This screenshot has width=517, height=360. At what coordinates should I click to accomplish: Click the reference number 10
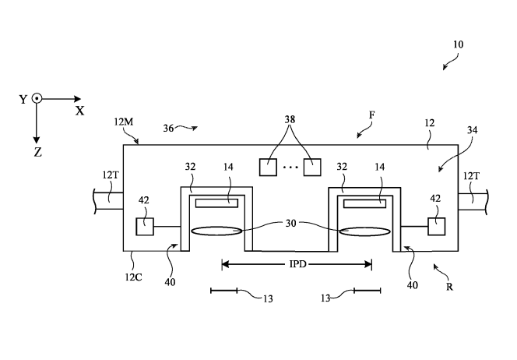(459, 44)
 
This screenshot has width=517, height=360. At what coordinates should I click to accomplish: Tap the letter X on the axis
(79, 111)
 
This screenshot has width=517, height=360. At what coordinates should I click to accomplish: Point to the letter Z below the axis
(38, 153)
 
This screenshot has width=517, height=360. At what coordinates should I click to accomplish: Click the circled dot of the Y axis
(37, 99)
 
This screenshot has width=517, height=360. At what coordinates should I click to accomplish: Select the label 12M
(124, 122)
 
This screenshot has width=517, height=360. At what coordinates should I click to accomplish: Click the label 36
(168, 128)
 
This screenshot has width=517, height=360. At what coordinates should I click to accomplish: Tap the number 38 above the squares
(290, 119)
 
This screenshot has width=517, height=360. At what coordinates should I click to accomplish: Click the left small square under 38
(268, 168)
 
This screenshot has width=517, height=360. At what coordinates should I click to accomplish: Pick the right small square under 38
(312, 168)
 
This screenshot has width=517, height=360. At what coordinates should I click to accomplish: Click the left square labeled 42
(145, 226)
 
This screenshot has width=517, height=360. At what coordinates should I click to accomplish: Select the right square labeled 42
(437, 226)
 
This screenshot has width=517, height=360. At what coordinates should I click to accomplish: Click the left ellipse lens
(216, 231)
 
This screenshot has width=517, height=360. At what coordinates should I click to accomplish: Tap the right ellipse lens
(364, 231)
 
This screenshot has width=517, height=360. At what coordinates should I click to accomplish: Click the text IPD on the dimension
(297, 264)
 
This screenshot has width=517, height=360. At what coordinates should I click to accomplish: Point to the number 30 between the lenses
(290, 224)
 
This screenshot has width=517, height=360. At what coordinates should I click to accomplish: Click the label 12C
(133, 277)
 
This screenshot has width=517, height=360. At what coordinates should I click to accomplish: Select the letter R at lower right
(449, 287)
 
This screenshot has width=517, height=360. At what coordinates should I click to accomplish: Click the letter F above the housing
(371, 115)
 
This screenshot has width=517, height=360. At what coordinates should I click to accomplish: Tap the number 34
(472, 130)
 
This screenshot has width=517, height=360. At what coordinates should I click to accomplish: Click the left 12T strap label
(110, 175)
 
